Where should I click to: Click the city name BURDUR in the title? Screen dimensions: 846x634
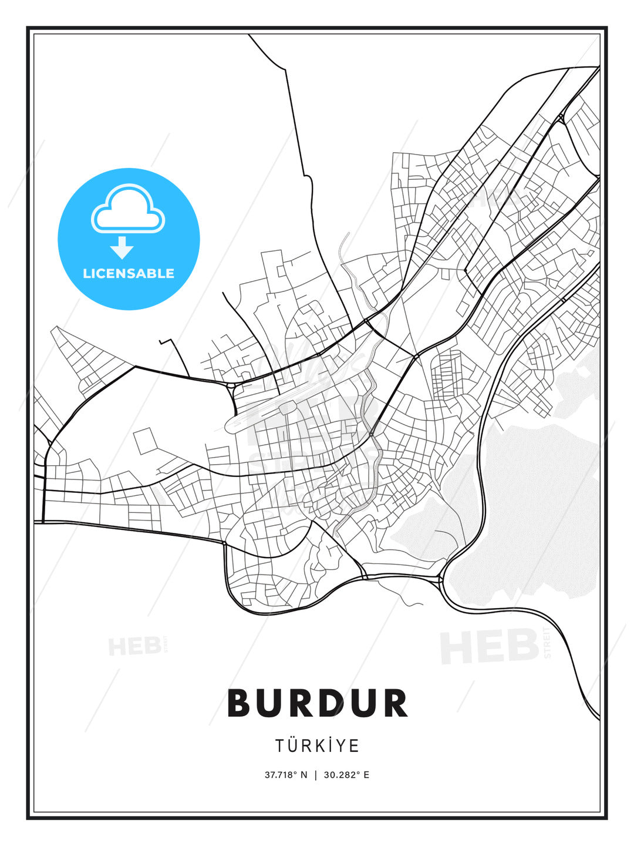point(317,703)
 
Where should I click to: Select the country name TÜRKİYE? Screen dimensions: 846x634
point(317,746)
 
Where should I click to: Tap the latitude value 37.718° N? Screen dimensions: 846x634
point(286,775)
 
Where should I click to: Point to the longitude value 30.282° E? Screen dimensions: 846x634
point(346,775)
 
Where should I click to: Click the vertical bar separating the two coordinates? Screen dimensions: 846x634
point(316,775)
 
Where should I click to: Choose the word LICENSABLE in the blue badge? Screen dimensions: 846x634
point(129,273)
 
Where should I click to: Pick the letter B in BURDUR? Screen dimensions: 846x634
point(240,703)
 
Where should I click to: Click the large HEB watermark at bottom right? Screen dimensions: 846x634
point(489,646)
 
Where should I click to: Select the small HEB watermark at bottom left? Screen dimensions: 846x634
point(135,646)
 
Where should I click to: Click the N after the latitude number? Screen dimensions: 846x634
point(303,775)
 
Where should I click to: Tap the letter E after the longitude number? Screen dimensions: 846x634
point(366,775)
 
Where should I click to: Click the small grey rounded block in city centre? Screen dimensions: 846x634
point(288,408)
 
